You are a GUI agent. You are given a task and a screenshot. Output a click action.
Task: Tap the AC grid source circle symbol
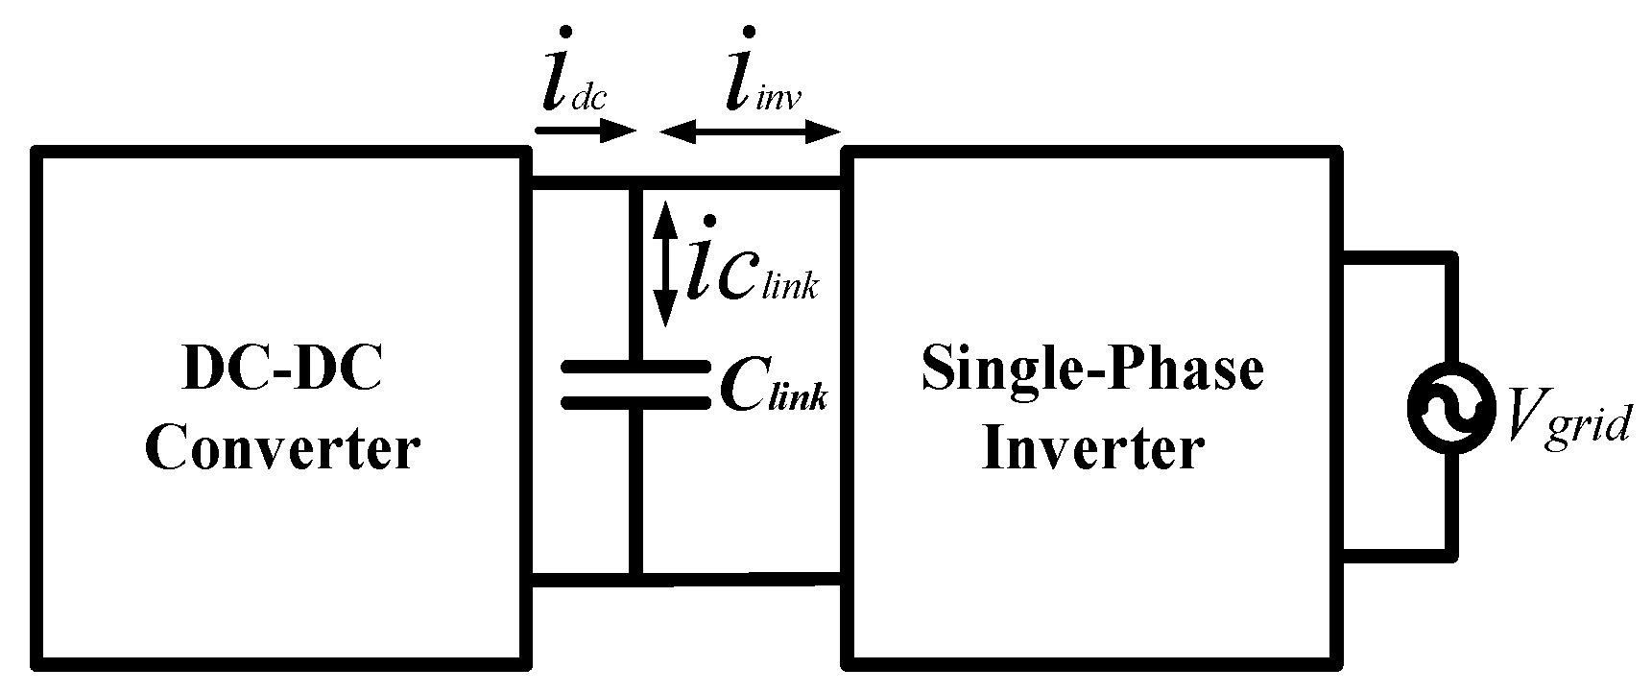[1450, 407]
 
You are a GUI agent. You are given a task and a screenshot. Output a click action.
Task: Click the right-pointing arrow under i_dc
[586, 131]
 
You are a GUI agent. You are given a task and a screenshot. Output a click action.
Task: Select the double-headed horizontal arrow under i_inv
[750, 132]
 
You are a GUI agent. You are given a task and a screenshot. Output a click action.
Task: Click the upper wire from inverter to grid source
[1397, 257]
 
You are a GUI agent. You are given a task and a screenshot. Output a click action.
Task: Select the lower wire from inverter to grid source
[1397, 555]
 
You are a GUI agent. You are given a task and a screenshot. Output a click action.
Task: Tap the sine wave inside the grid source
[1450, 407]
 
